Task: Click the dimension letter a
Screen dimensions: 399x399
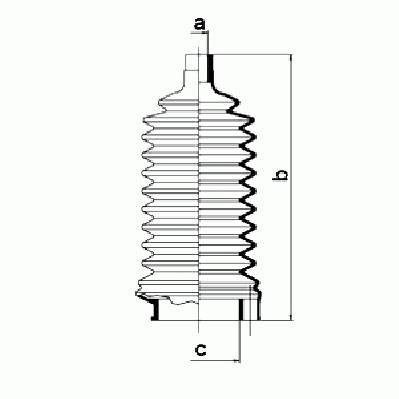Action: [x=199, y=24]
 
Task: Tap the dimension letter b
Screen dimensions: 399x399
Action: [x=280, y=175]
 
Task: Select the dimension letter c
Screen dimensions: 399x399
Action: [x=200, y=350]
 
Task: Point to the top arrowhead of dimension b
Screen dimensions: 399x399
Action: [x=291, y=58]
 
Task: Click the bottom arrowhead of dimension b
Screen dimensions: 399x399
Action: [x=292, y=317]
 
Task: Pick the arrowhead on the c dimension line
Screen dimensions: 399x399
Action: [x=236, y=360]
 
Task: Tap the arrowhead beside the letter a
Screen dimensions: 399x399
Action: [x=205, y=33]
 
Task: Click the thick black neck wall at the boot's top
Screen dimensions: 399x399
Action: [x=210, y=68]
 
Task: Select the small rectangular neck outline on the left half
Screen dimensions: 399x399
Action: [x=192, y=62]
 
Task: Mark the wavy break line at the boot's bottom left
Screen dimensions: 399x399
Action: [x=168, y=299]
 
